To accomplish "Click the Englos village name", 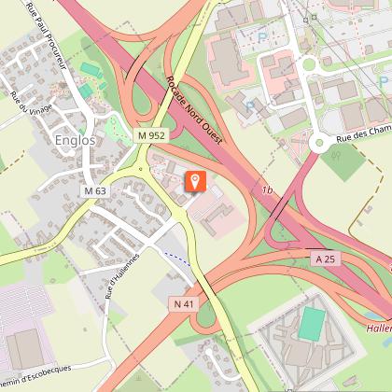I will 76,141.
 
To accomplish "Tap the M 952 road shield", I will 150,135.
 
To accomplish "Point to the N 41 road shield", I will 184,303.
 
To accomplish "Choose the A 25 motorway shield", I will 324,258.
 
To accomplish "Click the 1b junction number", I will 268,190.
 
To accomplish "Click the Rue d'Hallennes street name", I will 122,274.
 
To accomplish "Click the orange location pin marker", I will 196,180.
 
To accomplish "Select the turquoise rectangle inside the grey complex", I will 312,325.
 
